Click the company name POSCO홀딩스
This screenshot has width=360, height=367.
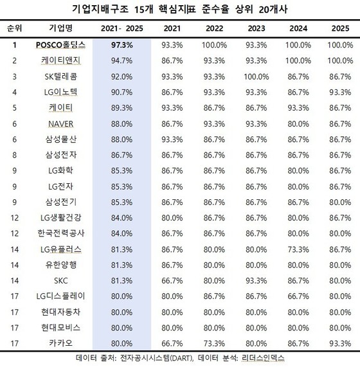click(60, 45)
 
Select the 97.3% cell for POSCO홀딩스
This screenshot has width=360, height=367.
click(122, 45)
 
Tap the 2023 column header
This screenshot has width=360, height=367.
click(256, 28)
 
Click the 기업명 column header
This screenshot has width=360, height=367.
click(60, 28)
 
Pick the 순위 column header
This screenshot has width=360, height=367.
click(15, 28)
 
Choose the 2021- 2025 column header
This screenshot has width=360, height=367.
click(122, 28)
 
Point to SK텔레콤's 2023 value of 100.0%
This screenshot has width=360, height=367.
click(256, 76)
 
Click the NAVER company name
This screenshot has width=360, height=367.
click(60, 124)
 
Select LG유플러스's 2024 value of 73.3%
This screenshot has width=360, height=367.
click(298, 249)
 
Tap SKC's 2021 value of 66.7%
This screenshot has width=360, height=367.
click(172, 281)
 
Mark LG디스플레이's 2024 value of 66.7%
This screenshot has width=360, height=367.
click(298, 296)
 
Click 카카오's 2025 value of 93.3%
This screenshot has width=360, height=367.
click(340, 343)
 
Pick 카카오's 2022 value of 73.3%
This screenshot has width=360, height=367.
click(214, 343)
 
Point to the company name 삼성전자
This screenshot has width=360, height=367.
click(61, 155)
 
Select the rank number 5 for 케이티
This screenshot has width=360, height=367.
click(15, 108)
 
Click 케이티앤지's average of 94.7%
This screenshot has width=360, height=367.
click(122, 61)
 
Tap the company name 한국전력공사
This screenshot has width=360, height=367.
click(61, 233)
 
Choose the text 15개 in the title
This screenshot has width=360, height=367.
click(144, 10)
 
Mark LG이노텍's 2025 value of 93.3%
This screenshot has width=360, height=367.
click(340, 92)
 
